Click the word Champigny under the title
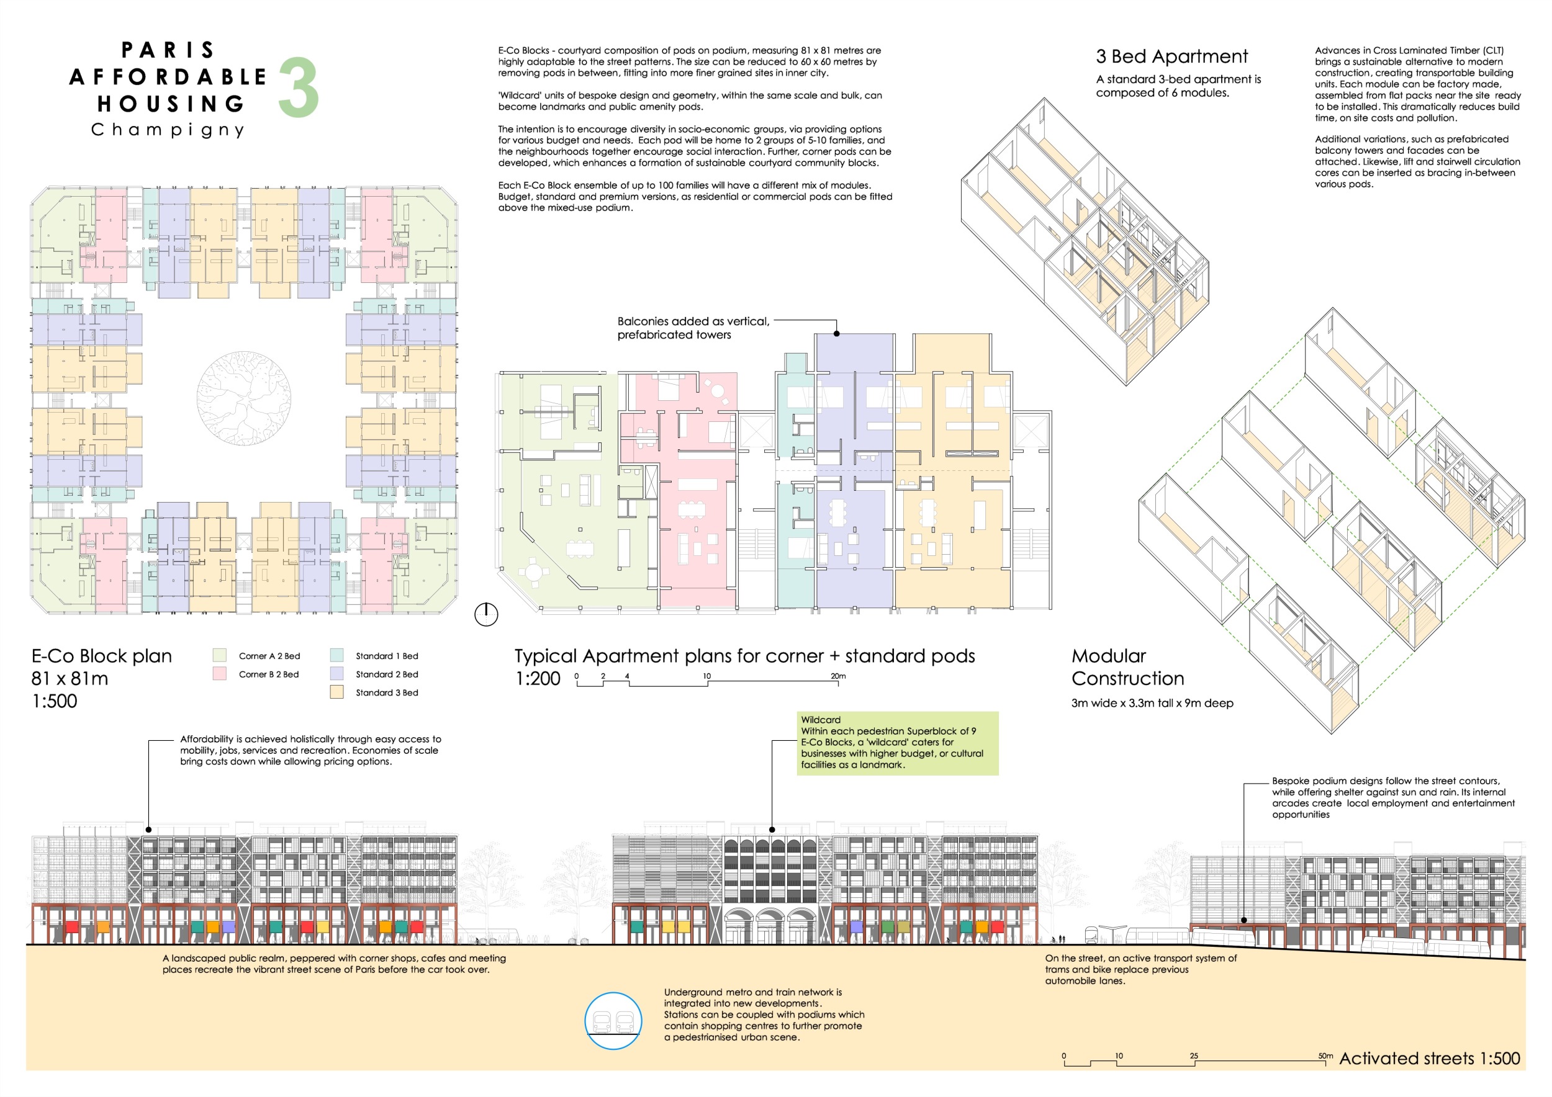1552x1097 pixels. (168, 130)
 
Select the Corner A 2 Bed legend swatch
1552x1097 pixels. (220, 655)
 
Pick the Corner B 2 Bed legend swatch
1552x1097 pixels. (220, 673)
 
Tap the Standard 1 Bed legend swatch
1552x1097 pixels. (336, 655)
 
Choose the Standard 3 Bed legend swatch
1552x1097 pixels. (336, 692)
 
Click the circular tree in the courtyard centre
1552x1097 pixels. (244, 398)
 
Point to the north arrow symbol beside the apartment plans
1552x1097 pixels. (486, 614)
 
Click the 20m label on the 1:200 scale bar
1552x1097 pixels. (838, 676)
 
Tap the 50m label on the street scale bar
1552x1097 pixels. (1325, 1056)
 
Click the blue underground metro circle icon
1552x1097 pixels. (614, 1021)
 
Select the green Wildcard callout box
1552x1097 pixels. (898, 743)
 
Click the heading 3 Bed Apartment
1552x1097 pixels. (1172, 56)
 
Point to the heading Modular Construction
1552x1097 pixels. (1128, 667)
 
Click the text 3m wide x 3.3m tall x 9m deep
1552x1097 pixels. (1152, 703)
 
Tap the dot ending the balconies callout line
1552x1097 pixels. (837, 334)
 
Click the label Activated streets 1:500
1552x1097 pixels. (1430, 1059)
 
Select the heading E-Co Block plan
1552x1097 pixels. (102, 656)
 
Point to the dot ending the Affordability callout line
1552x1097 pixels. (149, 830)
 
